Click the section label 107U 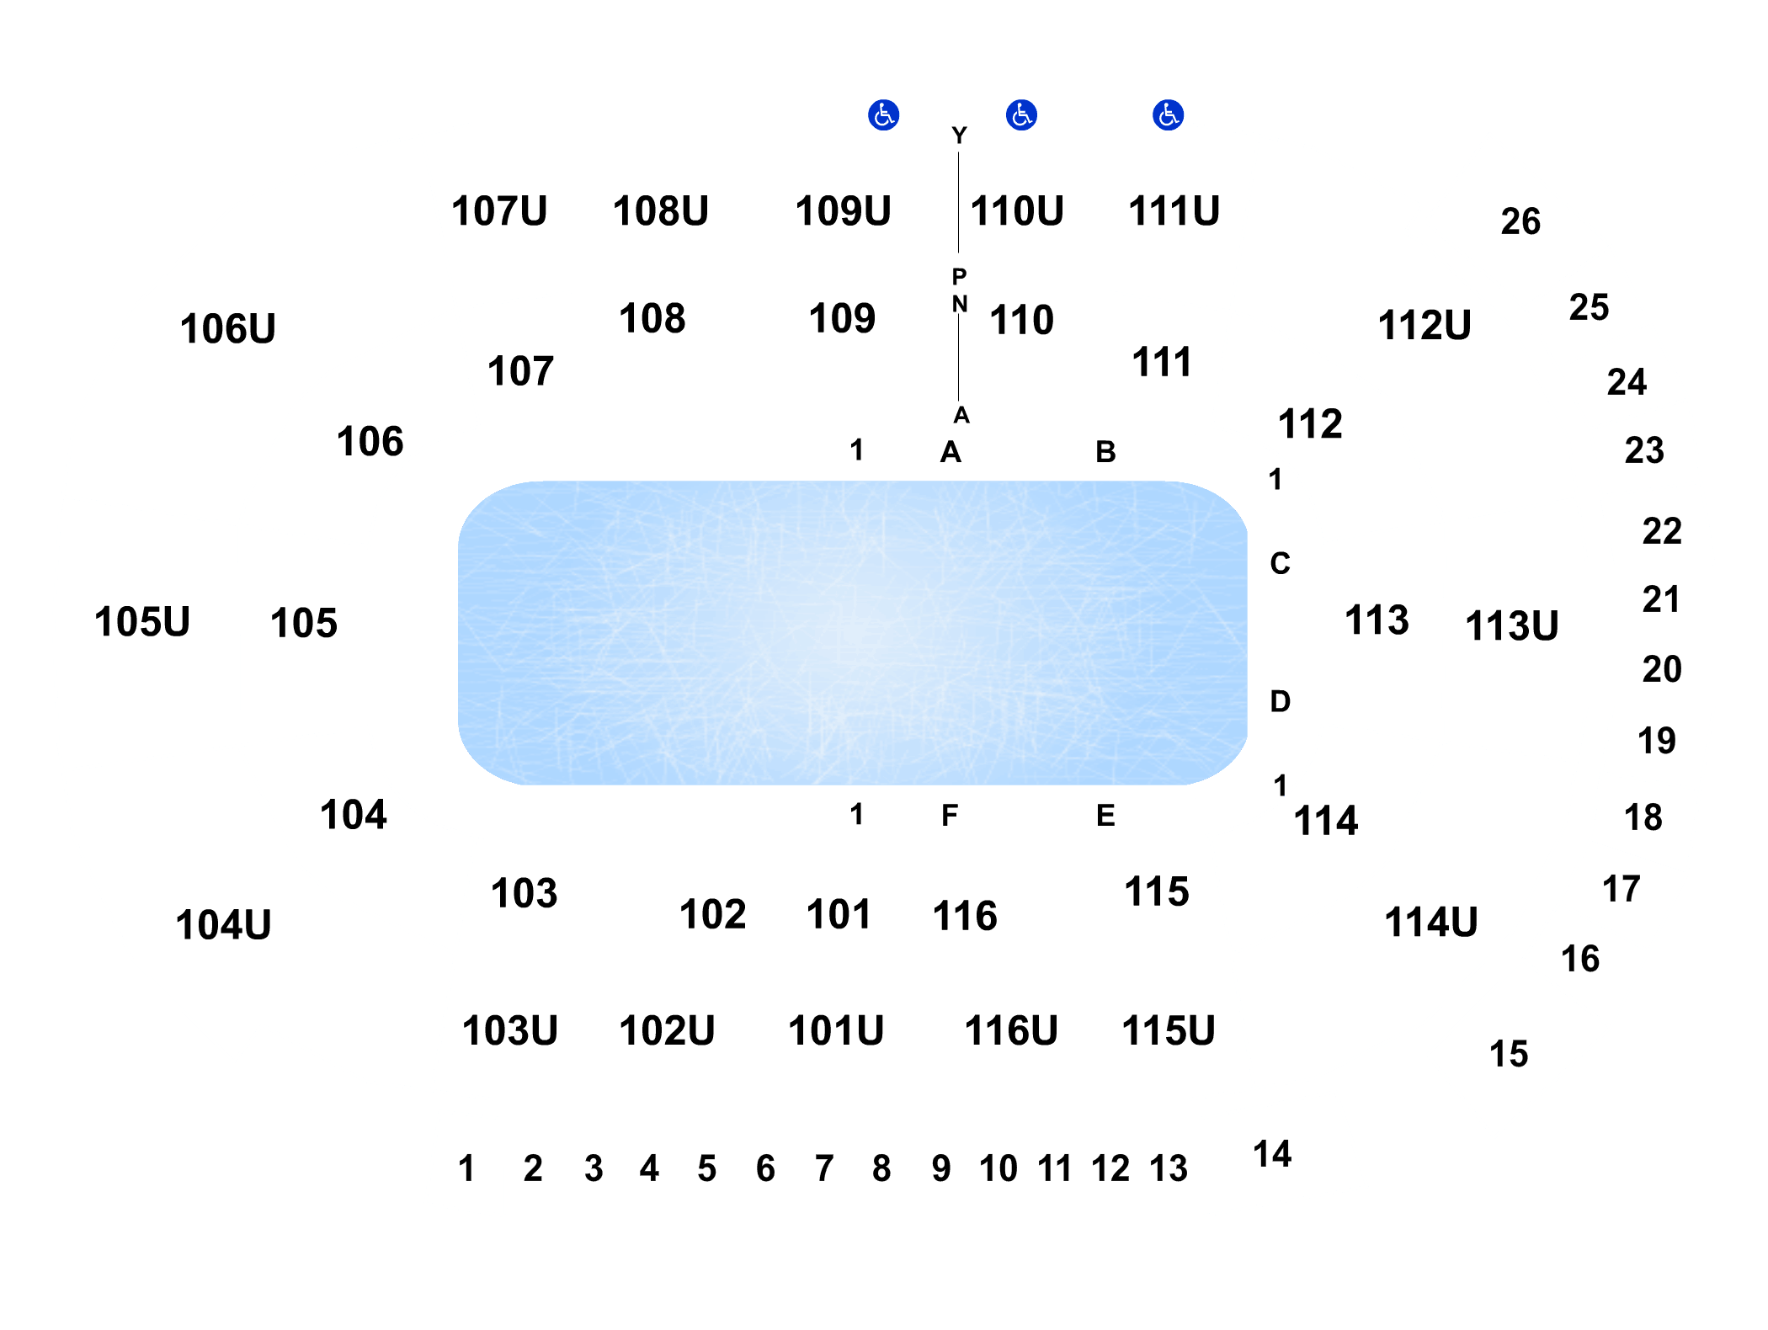pos(499,210)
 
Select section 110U pos(1017,210)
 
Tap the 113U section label pos(1512,625)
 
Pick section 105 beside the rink pos(304,623)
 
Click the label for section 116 pos(965,915)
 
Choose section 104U pos(223,924)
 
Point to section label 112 pos(1310,423)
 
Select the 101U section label pos(836,1030)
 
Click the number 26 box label pos(1520,221)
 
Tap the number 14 pos(1272,1154)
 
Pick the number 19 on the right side pos(1656,741)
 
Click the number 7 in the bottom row pos(824,1168)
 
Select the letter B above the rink pos(1105,452)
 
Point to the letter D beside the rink pos(1280,701)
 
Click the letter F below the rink pos(950,815)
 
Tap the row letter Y pos(959,135)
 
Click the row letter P pos(959,276)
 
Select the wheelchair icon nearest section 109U pos(884,114)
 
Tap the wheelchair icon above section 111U pos(1168,114)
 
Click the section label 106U pos(227,328)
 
